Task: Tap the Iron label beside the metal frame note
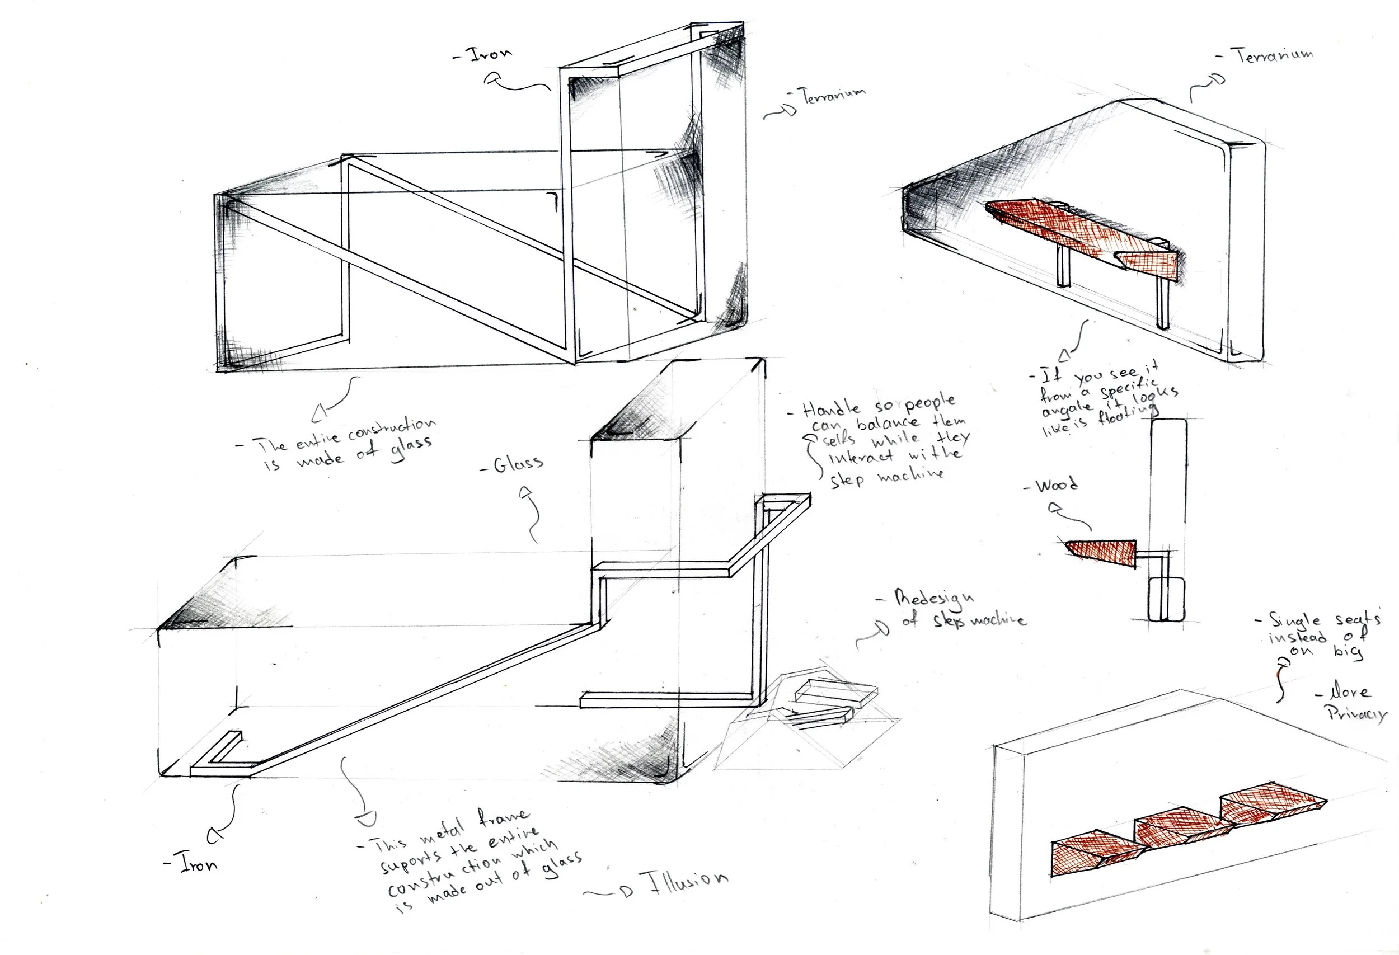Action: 199,865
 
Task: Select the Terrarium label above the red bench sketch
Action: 1274,55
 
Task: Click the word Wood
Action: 1057,484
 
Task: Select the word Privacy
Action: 1356,714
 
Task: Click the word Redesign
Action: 933,599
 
